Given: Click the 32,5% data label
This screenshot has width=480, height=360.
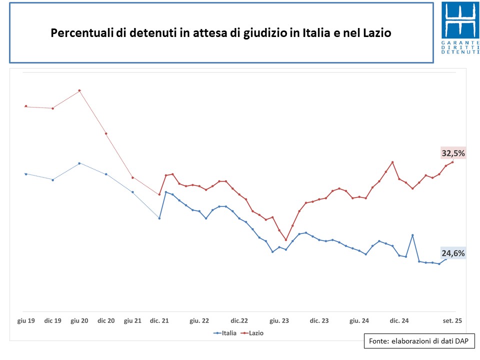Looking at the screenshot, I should tap(453, 153).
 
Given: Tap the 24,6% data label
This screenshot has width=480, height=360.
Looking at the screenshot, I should tap(453, 253).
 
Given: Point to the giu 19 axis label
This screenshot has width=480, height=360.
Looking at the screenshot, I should tap(25, 320).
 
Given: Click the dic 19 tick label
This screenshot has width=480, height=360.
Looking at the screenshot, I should tap(52, 320).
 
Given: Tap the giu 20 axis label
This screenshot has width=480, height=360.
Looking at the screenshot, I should tap(79, 320).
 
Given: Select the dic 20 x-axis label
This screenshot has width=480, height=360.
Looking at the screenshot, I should tap(106, 320).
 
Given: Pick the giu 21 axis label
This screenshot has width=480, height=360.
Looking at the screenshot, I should tap(132, 320).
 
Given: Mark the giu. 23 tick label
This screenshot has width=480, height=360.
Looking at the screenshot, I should tap(279, 320).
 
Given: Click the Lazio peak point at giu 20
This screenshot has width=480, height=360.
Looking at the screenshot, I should tap(79, 90).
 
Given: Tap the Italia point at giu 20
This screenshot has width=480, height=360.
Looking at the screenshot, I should tap(79, 163).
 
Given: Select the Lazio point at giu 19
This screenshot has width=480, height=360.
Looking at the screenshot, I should tap(25, 106).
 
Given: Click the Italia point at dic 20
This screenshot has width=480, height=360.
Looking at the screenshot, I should tap(106, 174).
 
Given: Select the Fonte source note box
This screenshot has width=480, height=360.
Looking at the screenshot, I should tap(418, 341).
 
